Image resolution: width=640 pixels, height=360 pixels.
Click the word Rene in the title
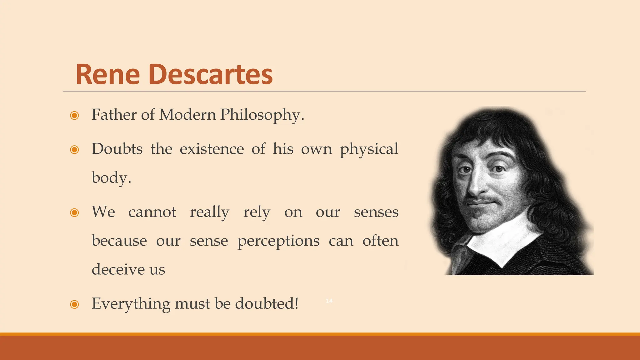tap(107, 75)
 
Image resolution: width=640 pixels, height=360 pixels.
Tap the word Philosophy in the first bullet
tap(262, 115)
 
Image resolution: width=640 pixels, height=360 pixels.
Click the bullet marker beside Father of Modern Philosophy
tap(74, 116)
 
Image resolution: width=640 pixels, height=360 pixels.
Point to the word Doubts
tap(117, 149)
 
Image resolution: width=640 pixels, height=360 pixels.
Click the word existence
tap(212, 149)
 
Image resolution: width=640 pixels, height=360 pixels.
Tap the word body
tap(111, 178)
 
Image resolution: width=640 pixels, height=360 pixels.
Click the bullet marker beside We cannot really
tap(74, 213)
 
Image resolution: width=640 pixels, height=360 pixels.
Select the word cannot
tap(152, 212)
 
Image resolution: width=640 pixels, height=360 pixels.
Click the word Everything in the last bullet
tap(131, 304)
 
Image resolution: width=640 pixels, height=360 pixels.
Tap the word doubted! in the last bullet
tap(267, 303)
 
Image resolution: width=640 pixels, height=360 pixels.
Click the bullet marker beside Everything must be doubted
tap(74, 304)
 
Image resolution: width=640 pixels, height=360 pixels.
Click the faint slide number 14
tap(329, 301)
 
